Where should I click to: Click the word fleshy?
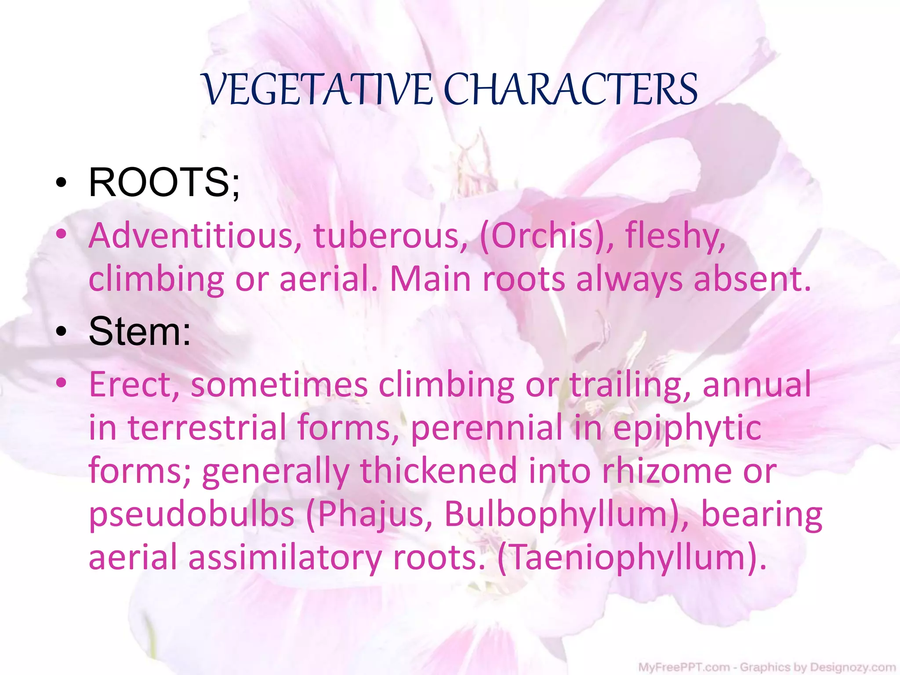click(x=675, y=236)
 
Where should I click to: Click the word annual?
click(x=756, y=385)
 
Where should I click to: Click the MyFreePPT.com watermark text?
click(x=683, y=668)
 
